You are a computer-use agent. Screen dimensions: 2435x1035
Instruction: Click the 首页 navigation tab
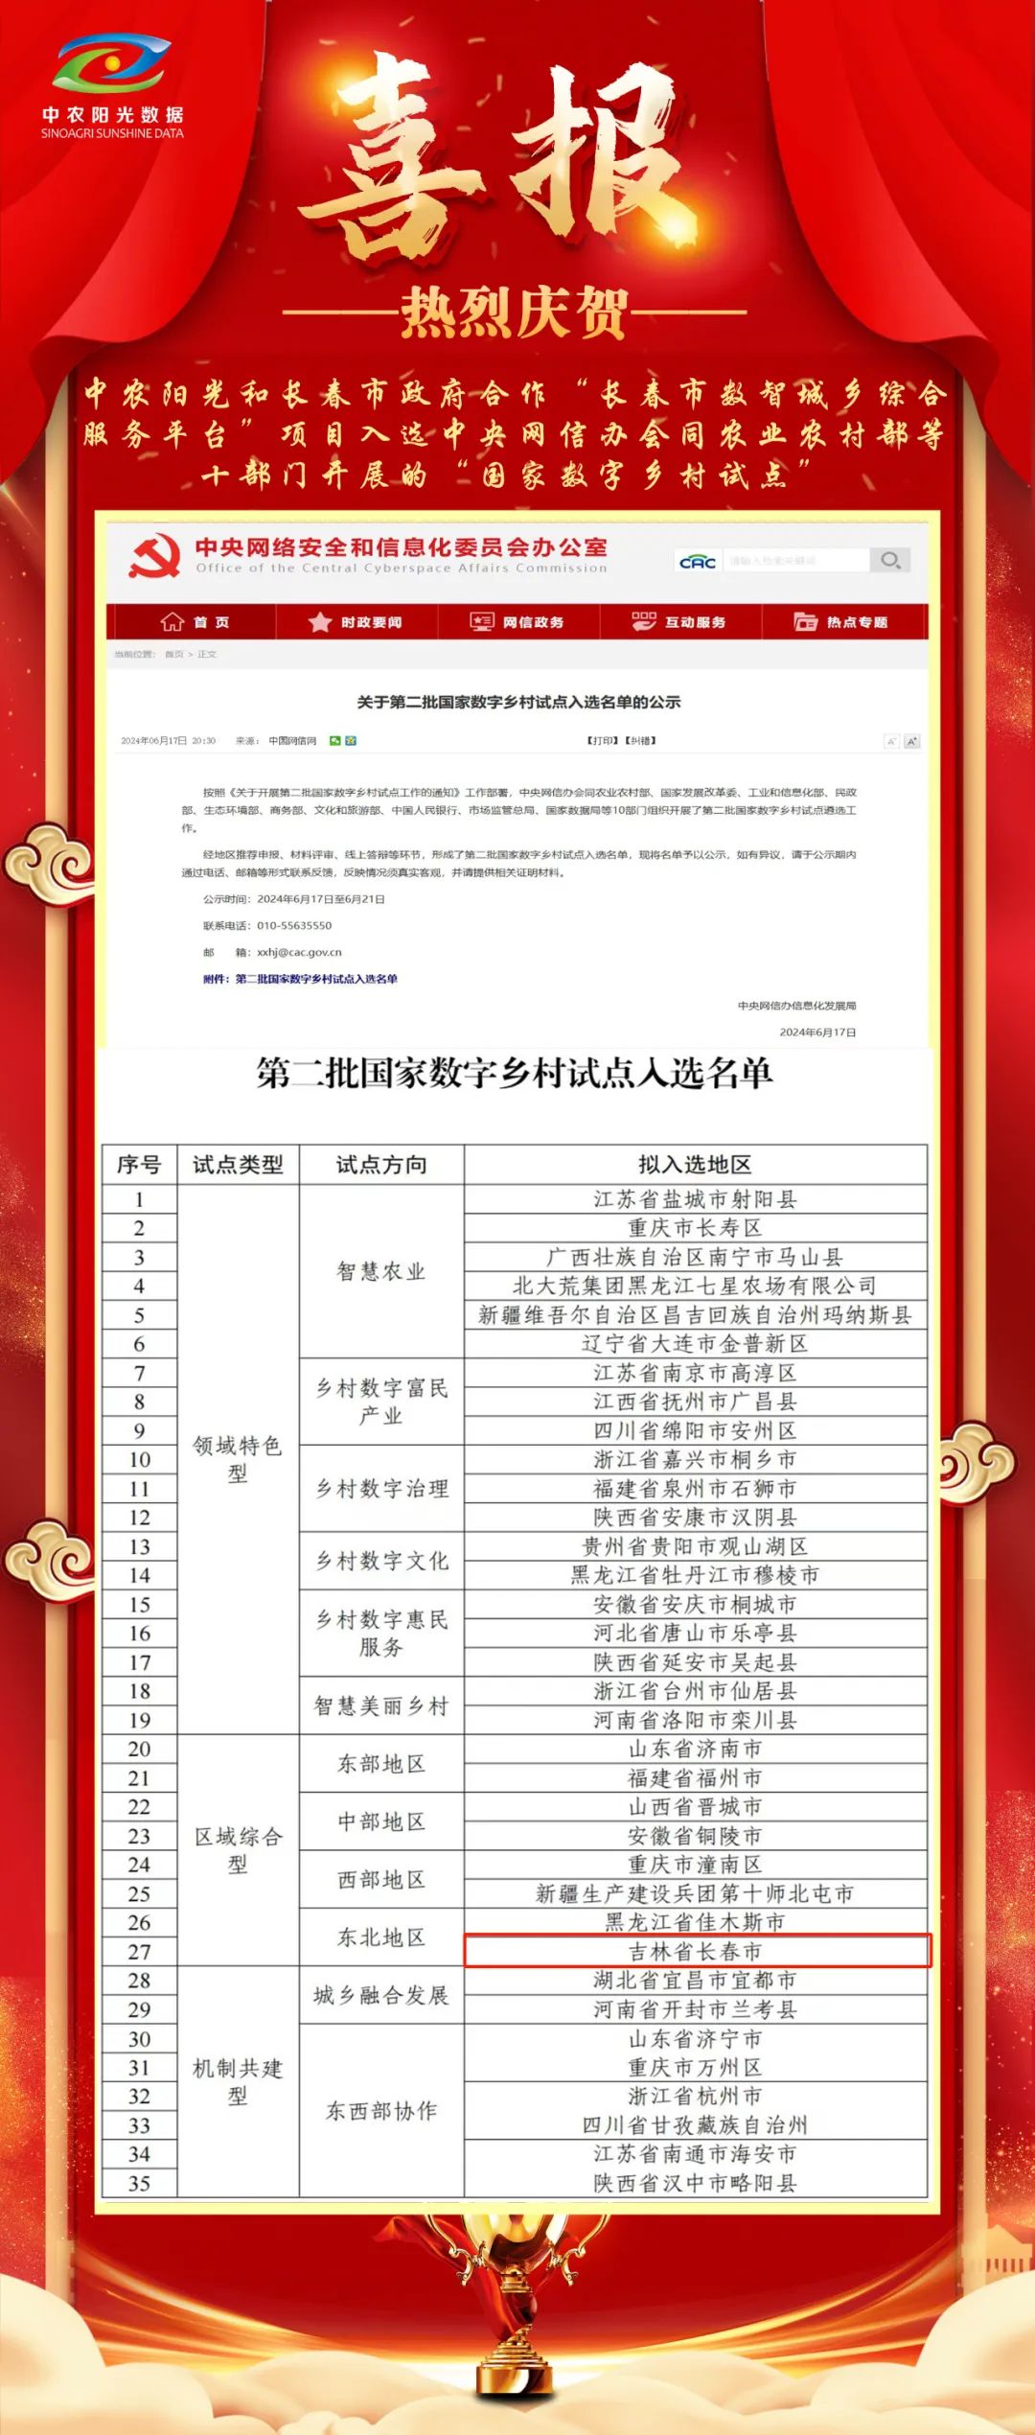pos(195,622)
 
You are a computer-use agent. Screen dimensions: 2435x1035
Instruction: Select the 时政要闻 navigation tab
pos(356,622)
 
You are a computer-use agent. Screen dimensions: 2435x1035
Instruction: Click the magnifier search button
pos(890,560)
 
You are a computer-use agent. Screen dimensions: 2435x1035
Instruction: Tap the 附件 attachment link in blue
pos(300,979)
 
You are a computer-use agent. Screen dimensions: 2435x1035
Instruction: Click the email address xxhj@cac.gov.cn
pos(299,952)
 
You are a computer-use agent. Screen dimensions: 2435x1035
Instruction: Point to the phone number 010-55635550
pos(294,925)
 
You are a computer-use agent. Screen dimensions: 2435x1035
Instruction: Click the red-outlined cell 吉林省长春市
pos(696,1951)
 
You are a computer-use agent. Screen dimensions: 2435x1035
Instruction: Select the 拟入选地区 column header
pos(695,1165)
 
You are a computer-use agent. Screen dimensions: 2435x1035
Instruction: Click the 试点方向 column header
pos(381,1165)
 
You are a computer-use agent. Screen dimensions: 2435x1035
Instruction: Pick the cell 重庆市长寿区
pos(695,1228)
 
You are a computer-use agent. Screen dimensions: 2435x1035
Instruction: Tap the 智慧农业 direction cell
pos(381,1271)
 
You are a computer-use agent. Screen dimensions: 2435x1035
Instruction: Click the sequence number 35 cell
pos(140,2183)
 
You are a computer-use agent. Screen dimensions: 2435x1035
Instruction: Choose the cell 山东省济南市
pos(695,1749)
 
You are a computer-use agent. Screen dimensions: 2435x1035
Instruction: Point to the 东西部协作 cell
pos(381,2110)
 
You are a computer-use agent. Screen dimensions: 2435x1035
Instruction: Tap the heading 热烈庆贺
pos(515,313)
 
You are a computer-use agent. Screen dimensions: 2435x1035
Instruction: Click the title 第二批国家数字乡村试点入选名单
pos(515,1073)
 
